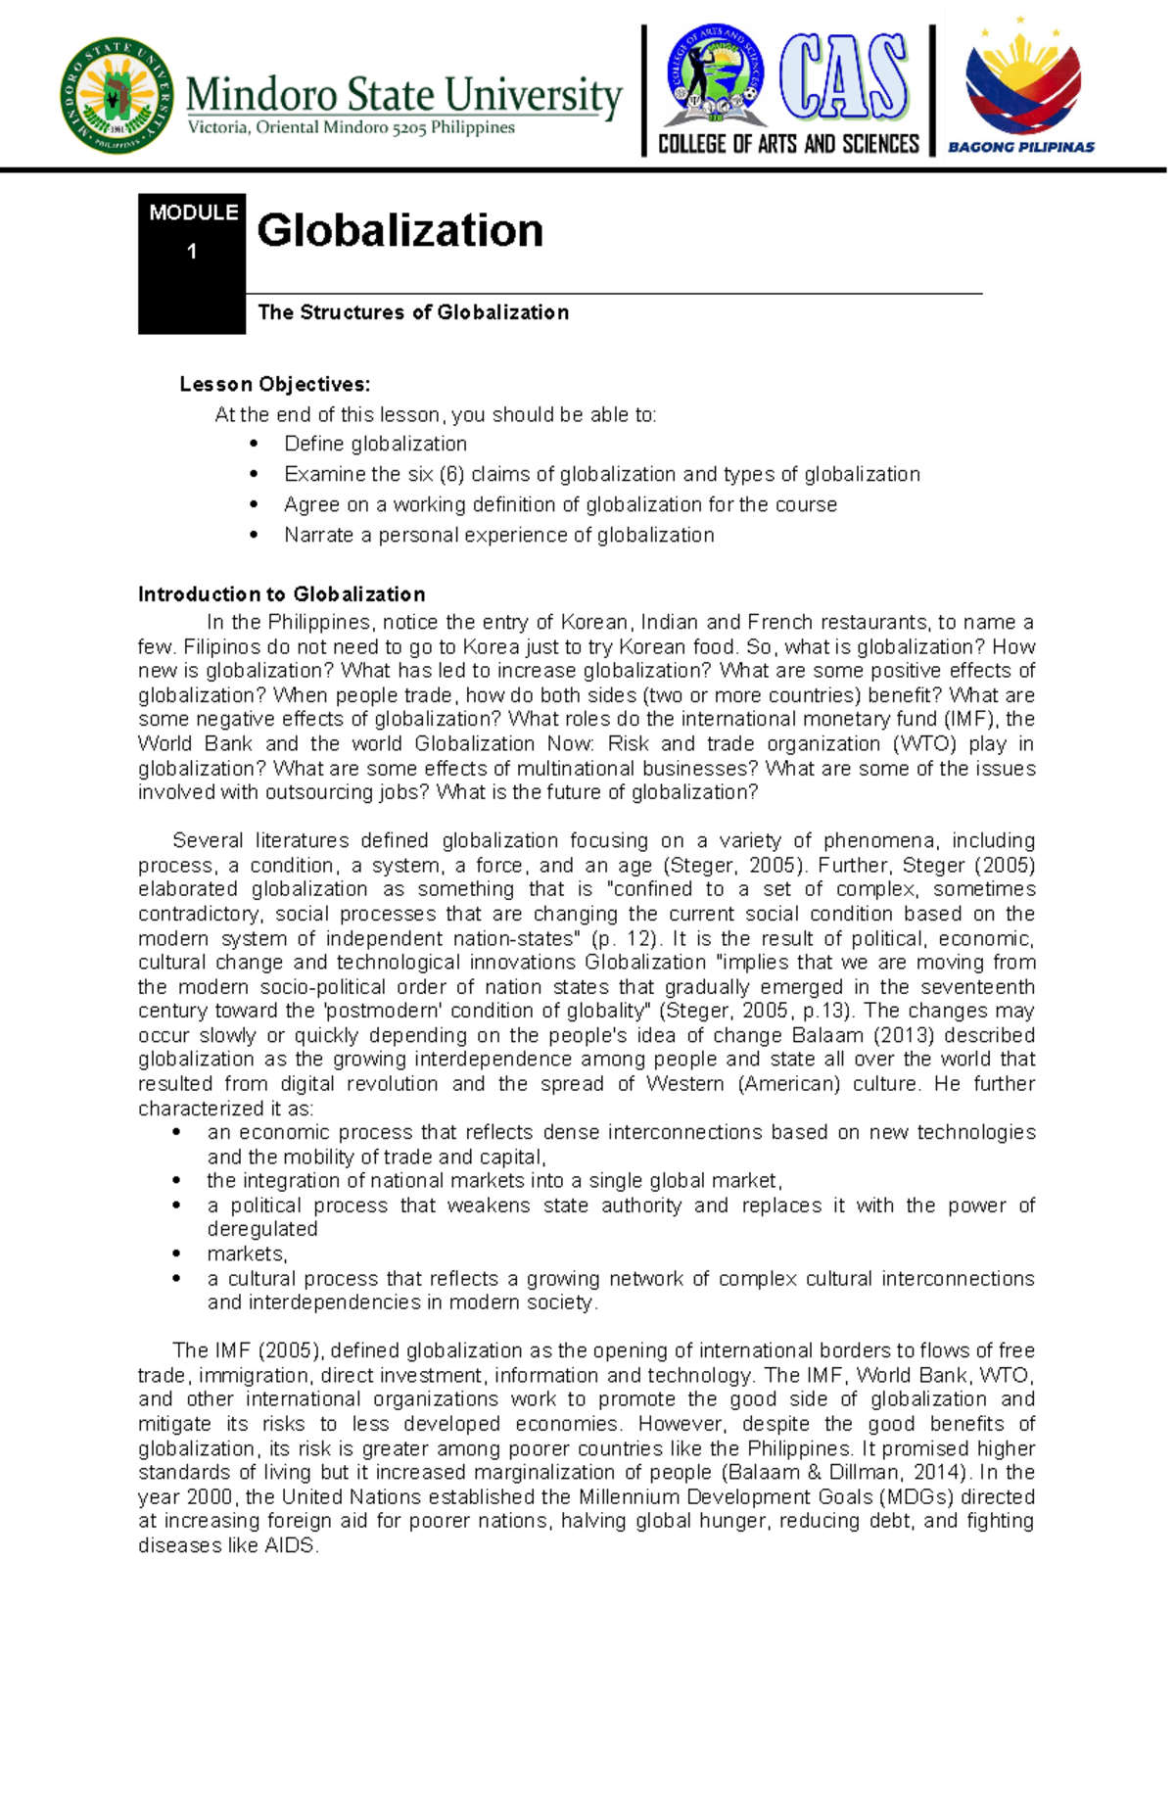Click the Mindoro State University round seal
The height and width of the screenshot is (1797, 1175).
(x=117, y=96)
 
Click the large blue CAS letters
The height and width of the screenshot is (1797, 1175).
(x=844, y=77)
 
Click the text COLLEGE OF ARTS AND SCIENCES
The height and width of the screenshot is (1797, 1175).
(x=788, y=145)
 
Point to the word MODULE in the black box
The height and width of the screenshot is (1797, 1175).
(x=193, y=213)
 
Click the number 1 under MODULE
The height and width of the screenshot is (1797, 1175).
(x=192, y=252)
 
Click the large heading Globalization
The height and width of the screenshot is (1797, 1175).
(x=399, y=231)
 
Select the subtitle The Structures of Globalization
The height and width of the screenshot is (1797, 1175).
(x=412, y=312)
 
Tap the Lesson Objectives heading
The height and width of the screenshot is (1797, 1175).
(x=274, y=384)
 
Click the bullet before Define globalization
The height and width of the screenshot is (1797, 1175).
(x=254, y=445)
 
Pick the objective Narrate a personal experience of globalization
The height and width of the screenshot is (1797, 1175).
(x=498, y=536)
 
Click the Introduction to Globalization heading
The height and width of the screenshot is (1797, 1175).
(x=281, y=594)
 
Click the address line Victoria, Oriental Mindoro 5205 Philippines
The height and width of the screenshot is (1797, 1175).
(x=351, y=127)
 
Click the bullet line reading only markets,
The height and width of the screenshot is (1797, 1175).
(x=247, y=1253)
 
